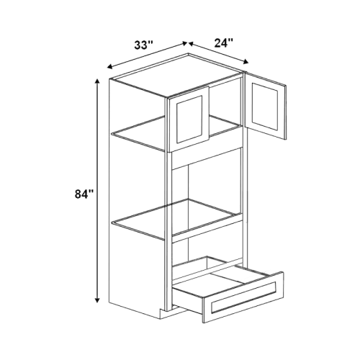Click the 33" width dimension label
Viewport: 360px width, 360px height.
pos(143,45)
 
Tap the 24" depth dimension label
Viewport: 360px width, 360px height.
pos(224,42)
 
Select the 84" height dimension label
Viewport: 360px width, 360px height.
pos(84,194)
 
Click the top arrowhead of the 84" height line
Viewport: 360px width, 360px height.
pos(97,81)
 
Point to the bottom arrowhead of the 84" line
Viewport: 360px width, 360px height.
pos(97,300)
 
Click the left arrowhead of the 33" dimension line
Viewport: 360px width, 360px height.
pos(110,67)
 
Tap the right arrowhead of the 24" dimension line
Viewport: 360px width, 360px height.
pos(246,62)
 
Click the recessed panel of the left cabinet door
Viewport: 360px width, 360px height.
pos(189,119)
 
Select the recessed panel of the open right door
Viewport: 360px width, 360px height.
pos(265,107)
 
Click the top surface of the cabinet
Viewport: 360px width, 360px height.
pos(176,75)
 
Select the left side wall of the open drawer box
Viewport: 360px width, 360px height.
pos(189,296)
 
